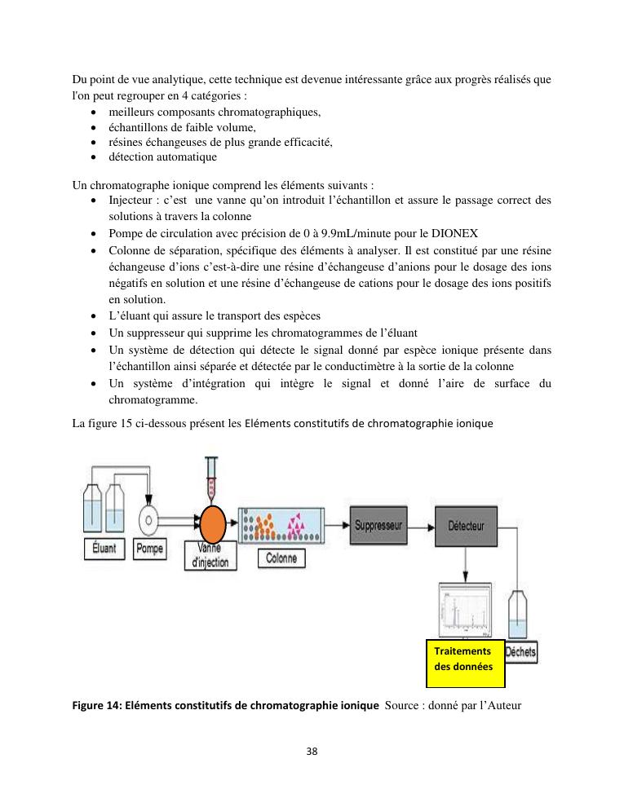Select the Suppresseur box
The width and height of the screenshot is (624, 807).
point(379,526)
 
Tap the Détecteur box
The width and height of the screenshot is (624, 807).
point(466,526)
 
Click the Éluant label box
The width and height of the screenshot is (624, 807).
point(102,549)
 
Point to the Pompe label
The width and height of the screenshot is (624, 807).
point(149,549)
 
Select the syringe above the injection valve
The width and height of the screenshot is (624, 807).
point(214,481)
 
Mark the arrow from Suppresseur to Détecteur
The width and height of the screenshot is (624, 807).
point(421,527)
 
